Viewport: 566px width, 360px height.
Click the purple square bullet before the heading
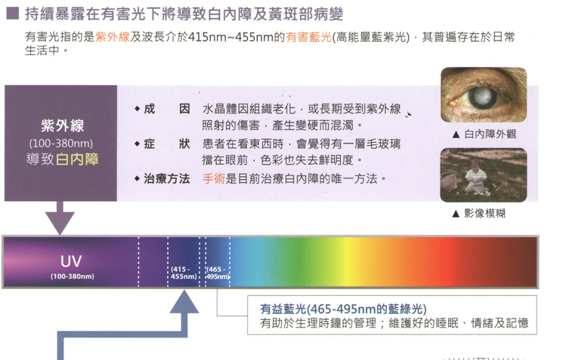click(x=13, y=14)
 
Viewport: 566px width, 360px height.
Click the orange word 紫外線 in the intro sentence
click(x=113, y=37)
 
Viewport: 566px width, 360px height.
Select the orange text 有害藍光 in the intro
click(x=308, y=37)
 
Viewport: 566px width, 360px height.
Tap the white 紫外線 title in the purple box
click(x=62, y=126)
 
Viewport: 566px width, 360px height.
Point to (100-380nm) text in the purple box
click(x=61, y=144)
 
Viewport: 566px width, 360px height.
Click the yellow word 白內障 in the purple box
click(x=77, y=159)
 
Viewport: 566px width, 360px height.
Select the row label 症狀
click(x=167, y=144)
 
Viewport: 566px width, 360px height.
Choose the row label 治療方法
click(x=167, y=178)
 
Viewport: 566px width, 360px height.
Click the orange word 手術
click(x=214, y=178)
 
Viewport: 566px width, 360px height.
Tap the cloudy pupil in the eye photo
click(x=482, y=97)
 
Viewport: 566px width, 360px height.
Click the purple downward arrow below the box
click(x=60, y=218)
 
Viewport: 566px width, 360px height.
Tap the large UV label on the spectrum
click(x=71, y=262)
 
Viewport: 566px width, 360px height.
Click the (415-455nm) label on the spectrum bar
click(x=184, y=273)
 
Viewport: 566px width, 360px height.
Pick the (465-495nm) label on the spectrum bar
click(x=218, y=273)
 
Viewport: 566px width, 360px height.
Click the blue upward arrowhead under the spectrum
click(x=184, y=303)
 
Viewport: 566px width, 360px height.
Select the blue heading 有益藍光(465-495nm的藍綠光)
click(x=343, y=309)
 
